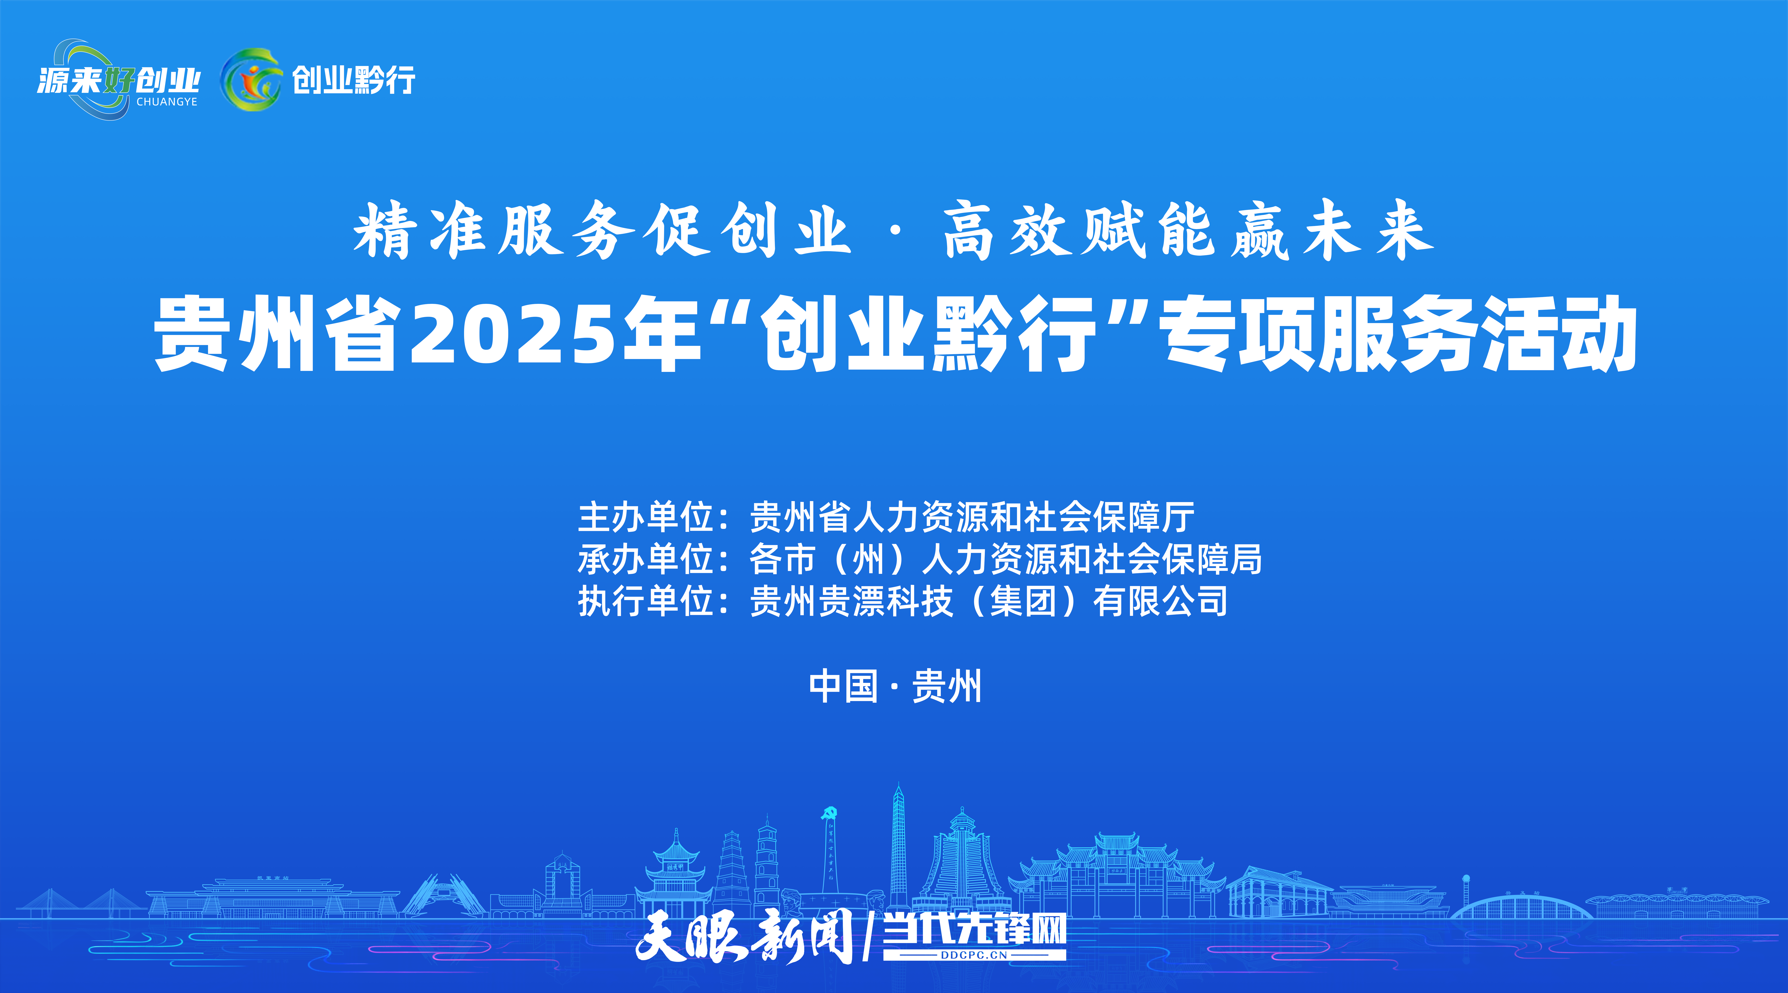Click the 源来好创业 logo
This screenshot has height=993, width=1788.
pos(118,79)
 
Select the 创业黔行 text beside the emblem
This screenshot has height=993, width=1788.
pos(353,80)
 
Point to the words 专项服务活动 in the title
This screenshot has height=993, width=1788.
pos(1399,335)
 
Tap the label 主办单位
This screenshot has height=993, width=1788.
pos(646,517)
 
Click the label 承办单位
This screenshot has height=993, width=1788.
pos(646,559)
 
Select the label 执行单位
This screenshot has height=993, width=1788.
pos(646,601)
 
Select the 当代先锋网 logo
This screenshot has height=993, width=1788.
pos(974,931)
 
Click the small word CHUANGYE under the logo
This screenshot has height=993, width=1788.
pos(167,102)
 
